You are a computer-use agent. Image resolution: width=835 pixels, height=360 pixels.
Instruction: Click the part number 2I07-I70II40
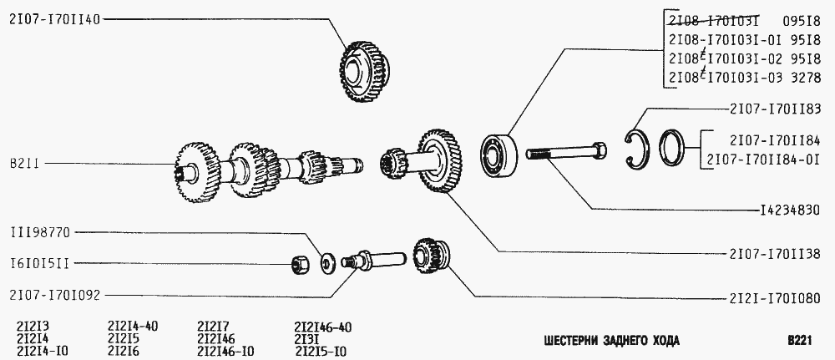53,20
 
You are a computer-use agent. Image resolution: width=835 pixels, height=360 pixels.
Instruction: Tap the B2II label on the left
24,163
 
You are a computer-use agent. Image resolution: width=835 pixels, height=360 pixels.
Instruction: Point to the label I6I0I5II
39,264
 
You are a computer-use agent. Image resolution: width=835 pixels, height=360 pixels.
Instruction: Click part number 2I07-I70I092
54,296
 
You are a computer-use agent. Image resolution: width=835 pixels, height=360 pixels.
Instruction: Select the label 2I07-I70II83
776,109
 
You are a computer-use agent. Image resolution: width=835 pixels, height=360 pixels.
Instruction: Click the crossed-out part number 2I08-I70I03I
712,21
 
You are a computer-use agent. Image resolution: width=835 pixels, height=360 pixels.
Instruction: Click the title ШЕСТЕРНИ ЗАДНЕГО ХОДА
611,341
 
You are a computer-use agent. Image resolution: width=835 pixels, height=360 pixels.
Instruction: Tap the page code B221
799,341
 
